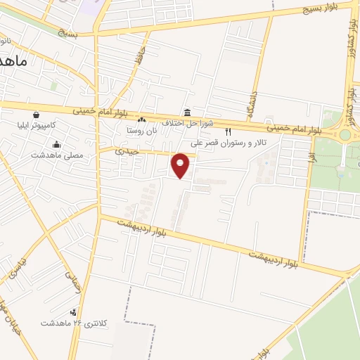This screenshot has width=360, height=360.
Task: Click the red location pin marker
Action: point(181,164)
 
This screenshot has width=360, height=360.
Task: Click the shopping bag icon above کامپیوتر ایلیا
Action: point(35,115)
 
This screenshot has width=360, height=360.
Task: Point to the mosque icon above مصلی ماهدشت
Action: point(56,145)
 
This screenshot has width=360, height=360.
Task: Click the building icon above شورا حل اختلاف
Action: point(186,112)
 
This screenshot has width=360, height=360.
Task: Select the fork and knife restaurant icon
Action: point(227,131)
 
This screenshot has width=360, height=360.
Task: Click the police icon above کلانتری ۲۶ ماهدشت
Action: point(74,312)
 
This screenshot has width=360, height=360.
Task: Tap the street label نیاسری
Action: point(15,265)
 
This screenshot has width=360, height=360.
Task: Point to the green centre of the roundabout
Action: point(345,135)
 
